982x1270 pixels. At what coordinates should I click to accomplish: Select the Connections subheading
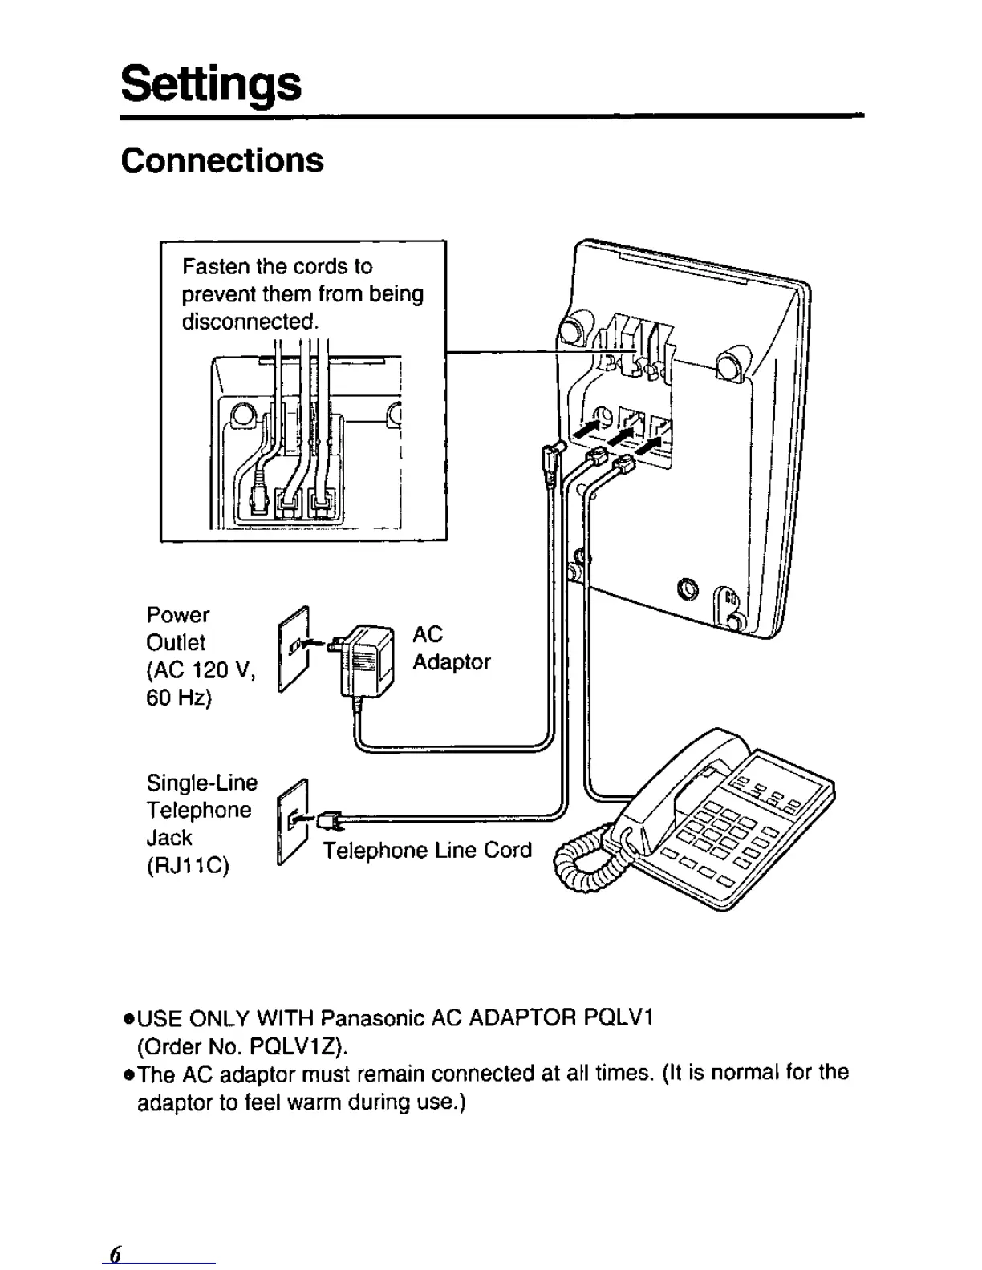click(222, 160)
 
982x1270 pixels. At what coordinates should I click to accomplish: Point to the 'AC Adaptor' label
click(450, 648)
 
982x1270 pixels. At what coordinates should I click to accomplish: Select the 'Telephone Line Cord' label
click(427, 850)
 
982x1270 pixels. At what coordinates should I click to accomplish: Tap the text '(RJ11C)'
click(188, 867)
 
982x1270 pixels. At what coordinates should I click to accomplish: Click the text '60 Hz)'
click(178, 698)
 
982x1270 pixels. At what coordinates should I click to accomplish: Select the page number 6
click(115, 1255)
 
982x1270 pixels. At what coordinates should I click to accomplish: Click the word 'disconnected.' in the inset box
click(250, 322)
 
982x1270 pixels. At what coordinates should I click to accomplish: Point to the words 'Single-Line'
click(201, 783)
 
